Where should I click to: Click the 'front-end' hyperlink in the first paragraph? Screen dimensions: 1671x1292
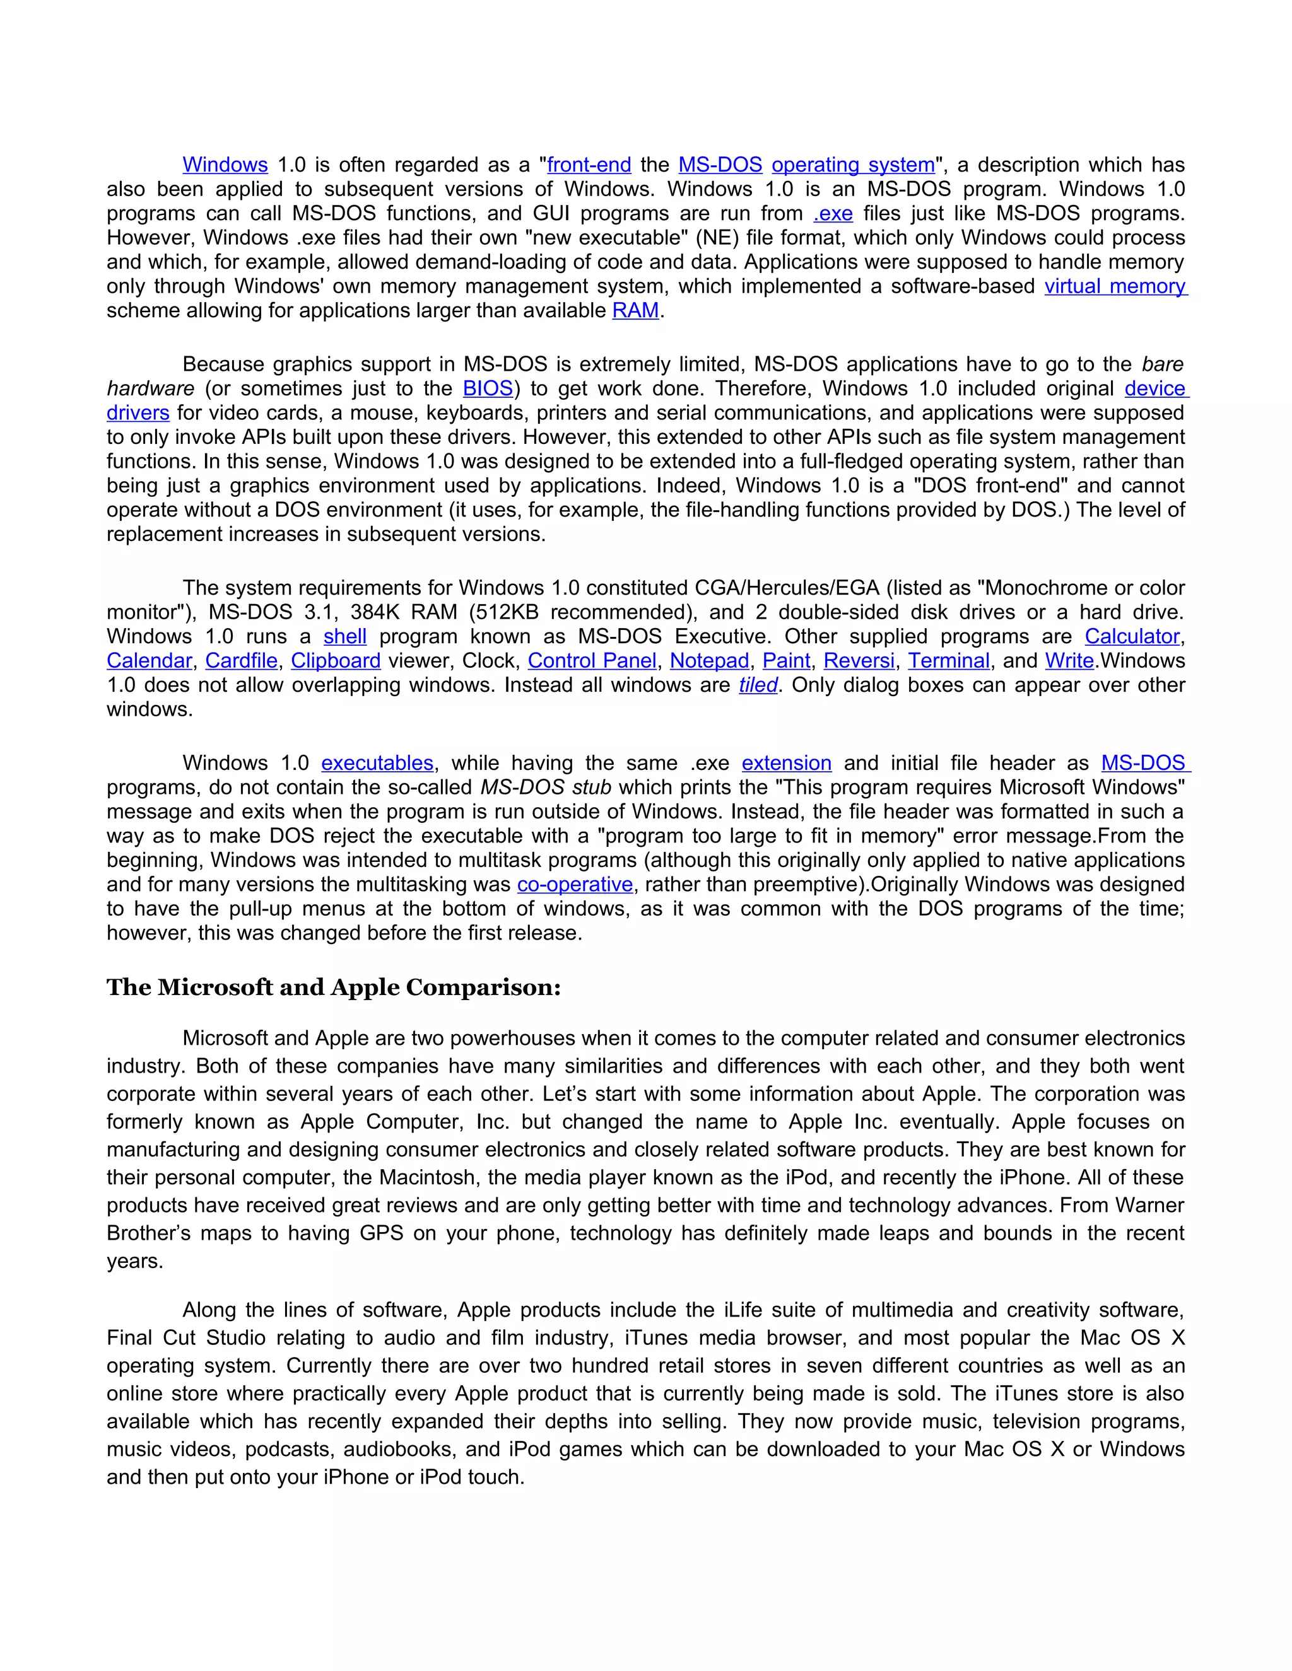(589, 165)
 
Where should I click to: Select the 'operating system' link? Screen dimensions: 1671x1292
(853, 165)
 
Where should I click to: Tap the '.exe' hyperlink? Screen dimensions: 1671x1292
(833, 214)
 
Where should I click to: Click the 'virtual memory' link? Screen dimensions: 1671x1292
(1115, 286)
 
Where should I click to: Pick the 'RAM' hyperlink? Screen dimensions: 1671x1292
(635, 311)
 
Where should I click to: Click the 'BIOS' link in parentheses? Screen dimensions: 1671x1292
(488, 388)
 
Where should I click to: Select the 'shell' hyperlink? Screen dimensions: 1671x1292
(344, 637)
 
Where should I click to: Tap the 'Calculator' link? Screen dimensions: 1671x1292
(1131, 637)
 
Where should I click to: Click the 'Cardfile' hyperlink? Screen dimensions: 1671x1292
(241, 661)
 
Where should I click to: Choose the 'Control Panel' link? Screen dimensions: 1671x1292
(592, 661)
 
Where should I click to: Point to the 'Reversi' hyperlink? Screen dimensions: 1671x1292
(859, 661)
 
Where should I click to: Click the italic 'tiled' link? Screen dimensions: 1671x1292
(758, 685)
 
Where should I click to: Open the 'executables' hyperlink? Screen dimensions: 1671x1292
(377, 764)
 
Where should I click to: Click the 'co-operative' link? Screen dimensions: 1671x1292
(575, 885)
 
